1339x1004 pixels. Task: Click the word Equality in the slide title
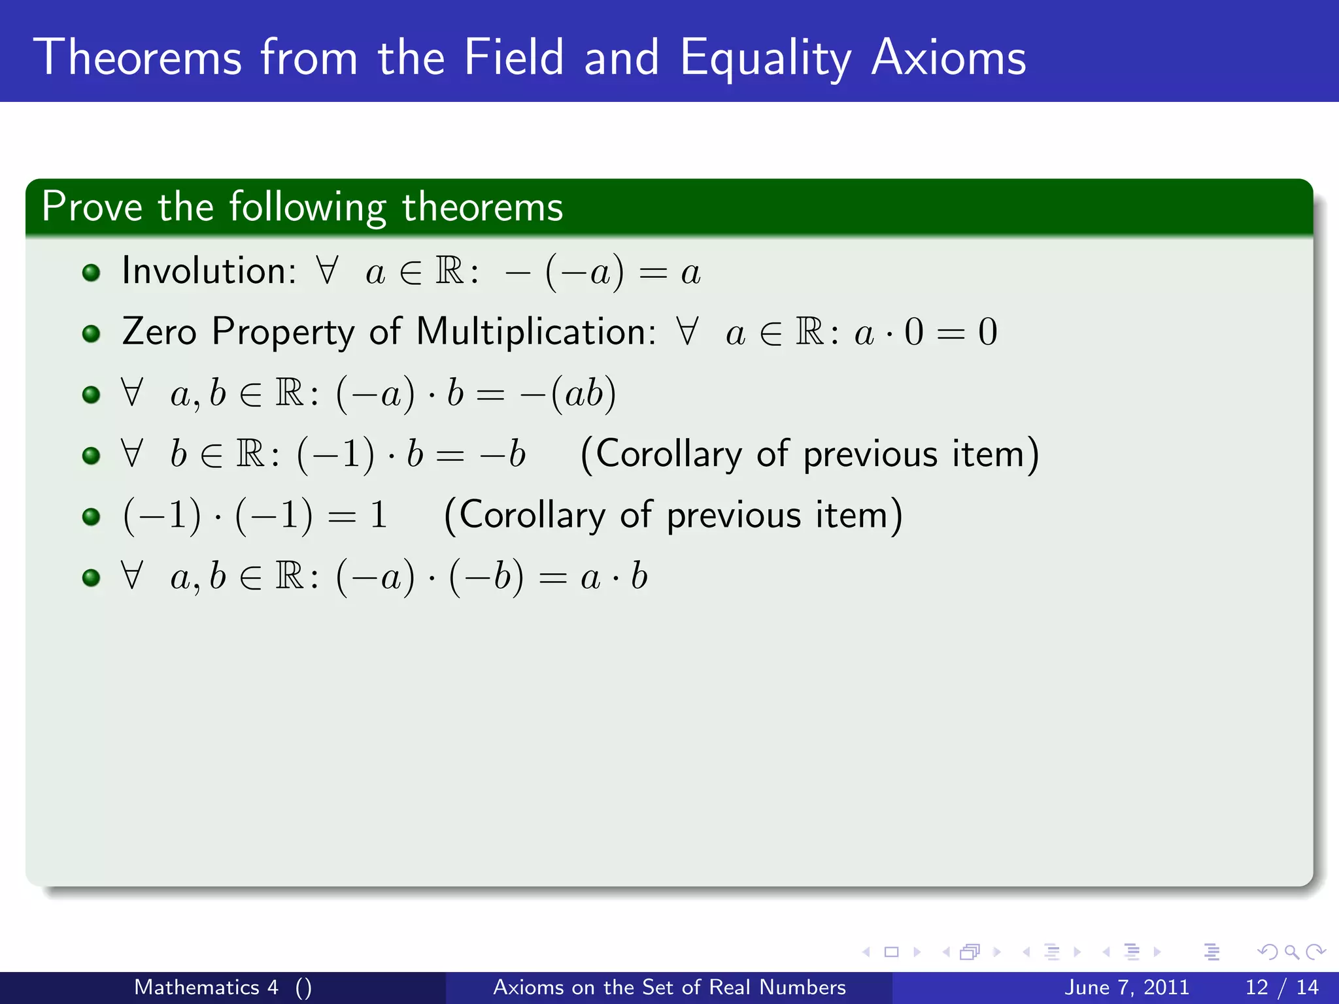pyautogui.click(x=765, y=59)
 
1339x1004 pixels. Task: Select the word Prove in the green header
pyautogui.click(x=92, y=207)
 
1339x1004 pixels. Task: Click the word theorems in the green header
pyautogui.click(x=482, y=207)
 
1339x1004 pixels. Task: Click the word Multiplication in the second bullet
pyautogui.click(x=535, y=331)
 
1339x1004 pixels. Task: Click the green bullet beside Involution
pyautogui.click(x=92, y=272)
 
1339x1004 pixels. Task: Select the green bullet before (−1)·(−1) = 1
pyautogui.click(x=92, y=517)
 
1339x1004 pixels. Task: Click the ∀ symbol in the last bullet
pyautogui.click(x=132, y=576)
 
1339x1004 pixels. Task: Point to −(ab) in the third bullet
pyautogui.click(x=568, y=393)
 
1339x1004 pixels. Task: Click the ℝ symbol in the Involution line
pyautogui.click(x=450, y=271)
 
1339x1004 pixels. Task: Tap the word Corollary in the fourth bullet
pyautogui.click(x=668, y=454)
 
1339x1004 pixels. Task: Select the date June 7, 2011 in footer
pyautogui.click(x=1127, y=987)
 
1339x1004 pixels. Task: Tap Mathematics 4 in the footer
pyautogui.click(x=207, y=987)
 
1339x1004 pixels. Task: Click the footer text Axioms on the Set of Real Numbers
pyautogui.click(x=669, y=987)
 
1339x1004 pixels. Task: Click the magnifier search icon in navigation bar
pyautogui.click(x=1291, y=952)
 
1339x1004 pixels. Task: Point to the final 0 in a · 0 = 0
pyautogui.click(x=987, y=331)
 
